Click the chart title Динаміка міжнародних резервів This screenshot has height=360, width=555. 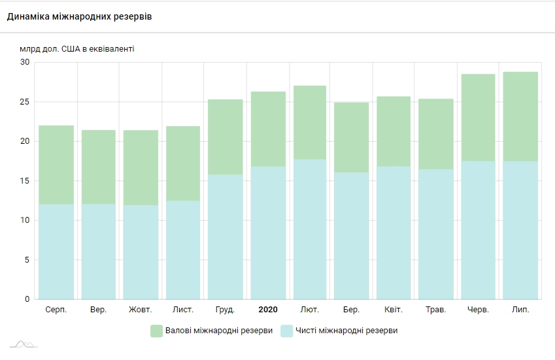(79, 16)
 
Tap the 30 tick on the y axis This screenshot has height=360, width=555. (25, 62)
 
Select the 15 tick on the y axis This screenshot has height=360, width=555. (25, 181)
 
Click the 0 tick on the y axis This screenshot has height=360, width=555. (27, 299)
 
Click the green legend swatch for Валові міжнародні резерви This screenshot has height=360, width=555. (157, 331)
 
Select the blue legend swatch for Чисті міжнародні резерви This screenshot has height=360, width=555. (286, 331)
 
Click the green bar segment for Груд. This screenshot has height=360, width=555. (226, 137)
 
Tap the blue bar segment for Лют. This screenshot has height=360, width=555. (310, 229)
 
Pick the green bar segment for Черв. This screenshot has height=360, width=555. (478, 118)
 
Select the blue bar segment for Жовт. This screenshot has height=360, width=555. (141, 252)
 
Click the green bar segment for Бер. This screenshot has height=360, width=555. (352, 137)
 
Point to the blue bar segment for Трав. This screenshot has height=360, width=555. (436, 234)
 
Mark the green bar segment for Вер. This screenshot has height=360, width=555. (99, 167)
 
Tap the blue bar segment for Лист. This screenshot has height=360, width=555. (183, 250)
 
